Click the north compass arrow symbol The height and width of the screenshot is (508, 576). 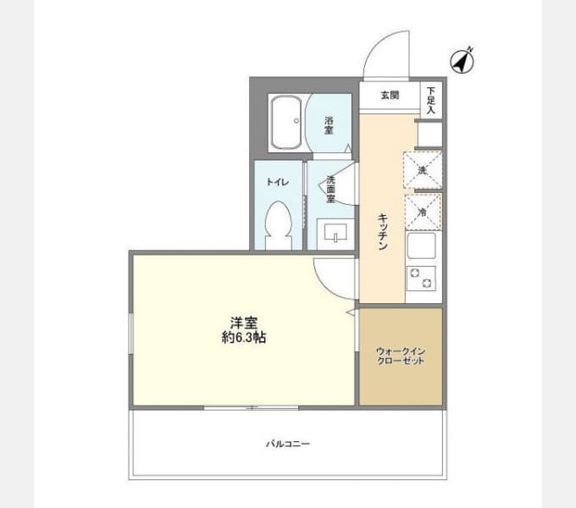point(462,60)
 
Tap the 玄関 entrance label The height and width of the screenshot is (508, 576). point(389,95)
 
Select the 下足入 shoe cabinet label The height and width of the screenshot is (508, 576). point(431,100)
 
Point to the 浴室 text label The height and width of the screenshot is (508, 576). point(329,125)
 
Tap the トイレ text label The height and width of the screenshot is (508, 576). point(276,181)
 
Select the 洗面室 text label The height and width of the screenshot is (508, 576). point(331,188)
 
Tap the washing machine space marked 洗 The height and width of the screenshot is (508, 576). point(422,170)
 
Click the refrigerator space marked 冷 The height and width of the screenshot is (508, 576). point(422,212)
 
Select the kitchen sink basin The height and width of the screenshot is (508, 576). point(422,247)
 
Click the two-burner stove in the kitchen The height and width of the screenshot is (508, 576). point(421,276)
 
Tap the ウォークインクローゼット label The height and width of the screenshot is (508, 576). point(400,356)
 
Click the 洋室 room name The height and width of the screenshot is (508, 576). point(242,323)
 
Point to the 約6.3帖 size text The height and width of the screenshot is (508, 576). point(242,337)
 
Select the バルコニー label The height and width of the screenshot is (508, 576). point(286,443)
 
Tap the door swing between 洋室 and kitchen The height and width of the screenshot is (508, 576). point(332,276)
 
